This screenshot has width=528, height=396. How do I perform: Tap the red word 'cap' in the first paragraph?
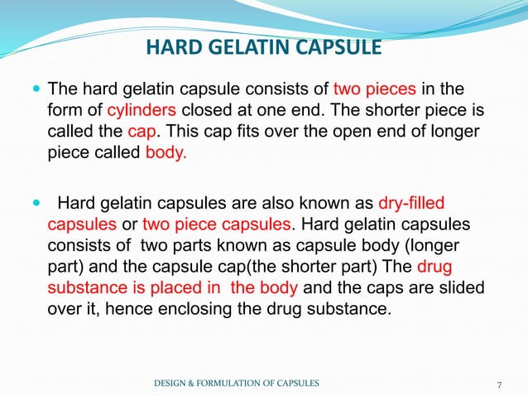coord(139,133)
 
